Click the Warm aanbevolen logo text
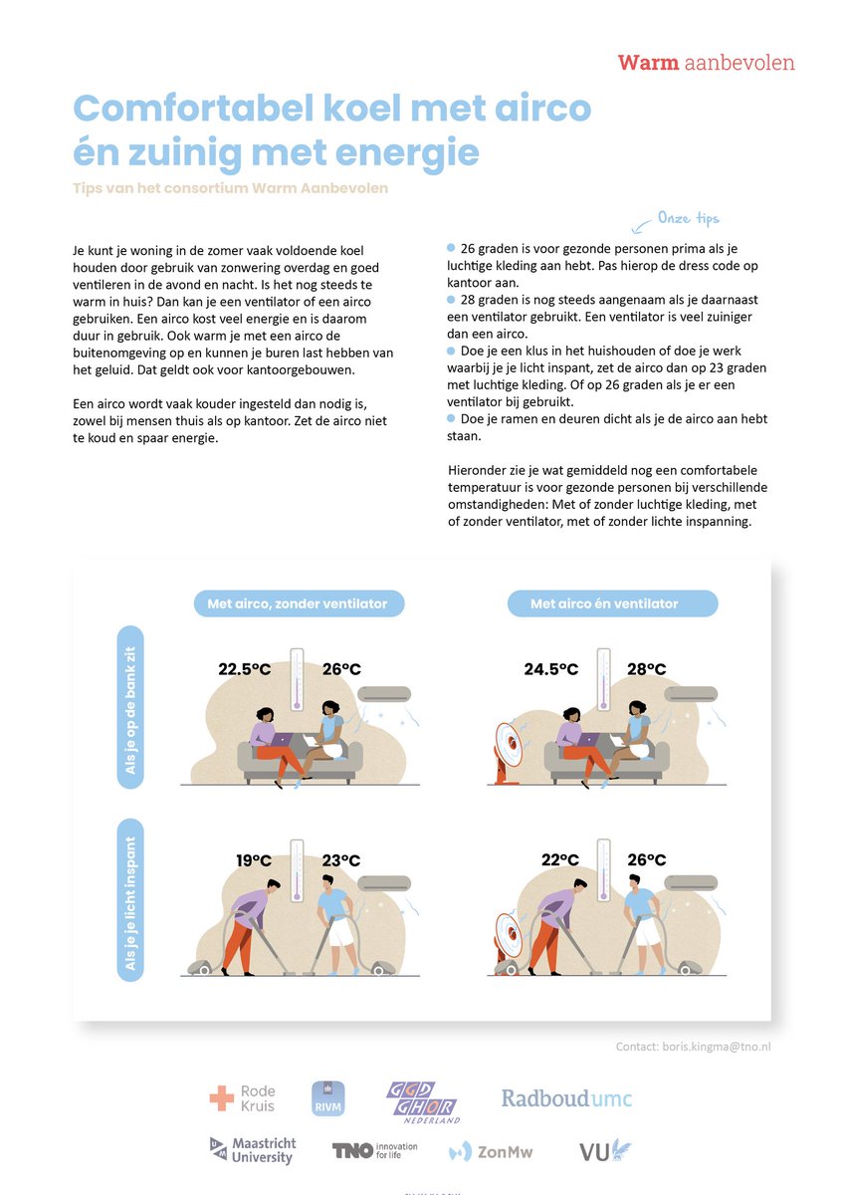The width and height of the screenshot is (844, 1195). tap(706, 63)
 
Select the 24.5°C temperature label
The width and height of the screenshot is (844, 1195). tap(550, 668)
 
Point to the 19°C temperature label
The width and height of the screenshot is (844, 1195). tap(254, 859)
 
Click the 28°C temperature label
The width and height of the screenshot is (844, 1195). tap(646, 668)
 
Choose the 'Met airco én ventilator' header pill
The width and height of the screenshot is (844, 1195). tap(604, 603)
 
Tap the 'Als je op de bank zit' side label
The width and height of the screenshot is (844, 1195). tap(130, 708)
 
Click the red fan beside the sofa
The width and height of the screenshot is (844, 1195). tap(510, 750)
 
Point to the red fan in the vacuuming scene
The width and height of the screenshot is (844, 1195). tap(512, 938)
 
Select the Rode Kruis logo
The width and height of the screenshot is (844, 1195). tap(243, 1098)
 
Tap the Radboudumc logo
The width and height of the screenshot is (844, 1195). tap(566, 1099)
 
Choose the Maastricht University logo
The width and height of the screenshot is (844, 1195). tap(252, 1151)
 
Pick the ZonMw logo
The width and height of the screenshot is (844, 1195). tap(491, 1152)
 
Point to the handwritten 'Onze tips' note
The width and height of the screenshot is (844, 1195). tap(687, 218)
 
